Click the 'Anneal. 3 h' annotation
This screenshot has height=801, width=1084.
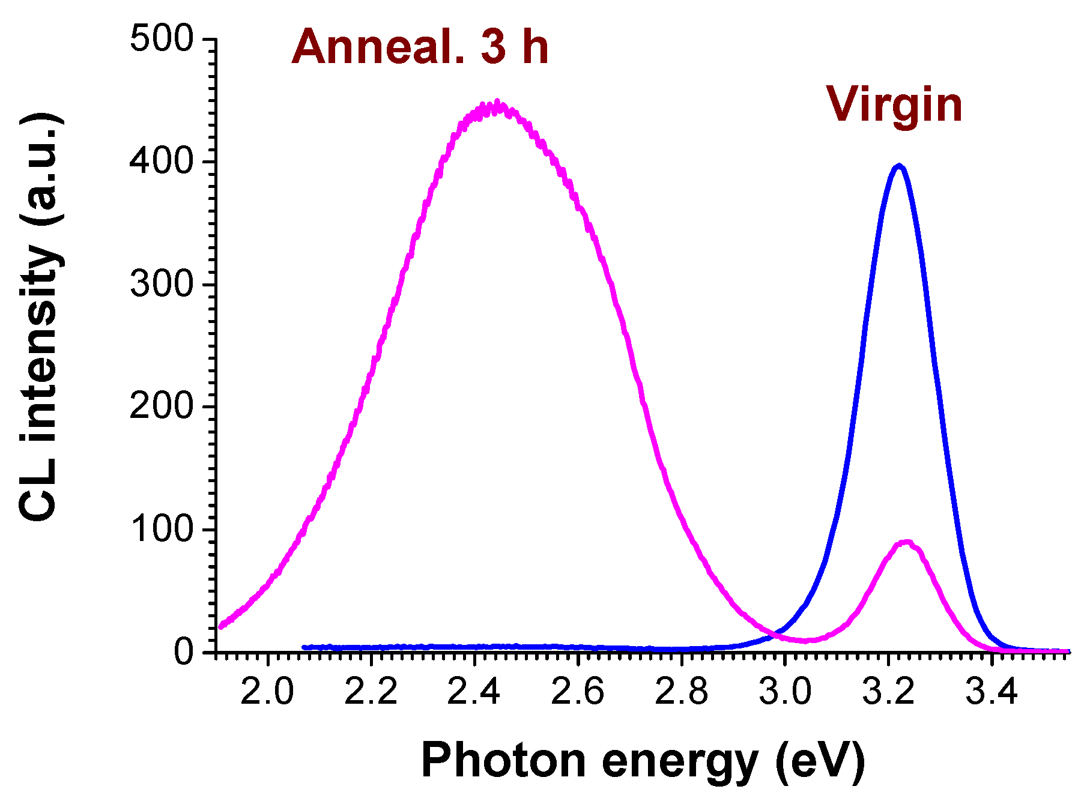pos(420,47)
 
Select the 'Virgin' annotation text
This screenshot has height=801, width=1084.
pos(894,104)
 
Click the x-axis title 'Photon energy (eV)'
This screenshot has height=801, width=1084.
pos(643,761)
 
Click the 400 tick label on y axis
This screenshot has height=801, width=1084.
pos(162,162)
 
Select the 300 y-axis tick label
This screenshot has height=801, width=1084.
pos(162,284)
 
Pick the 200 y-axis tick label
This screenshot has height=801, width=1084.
pos(162,407)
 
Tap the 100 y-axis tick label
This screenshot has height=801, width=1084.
pos(162,529)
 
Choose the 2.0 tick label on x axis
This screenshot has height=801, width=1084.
pos(267,692)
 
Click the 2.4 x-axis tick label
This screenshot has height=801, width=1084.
pos(474,692)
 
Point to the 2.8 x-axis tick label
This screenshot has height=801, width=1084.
pos(681,692)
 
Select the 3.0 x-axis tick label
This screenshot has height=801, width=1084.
pos(785,692)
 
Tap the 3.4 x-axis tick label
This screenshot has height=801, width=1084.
pos(992,692)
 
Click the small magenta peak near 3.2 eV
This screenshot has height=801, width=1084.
pos(906,543)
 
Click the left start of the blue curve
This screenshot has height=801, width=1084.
pos(304,647)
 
